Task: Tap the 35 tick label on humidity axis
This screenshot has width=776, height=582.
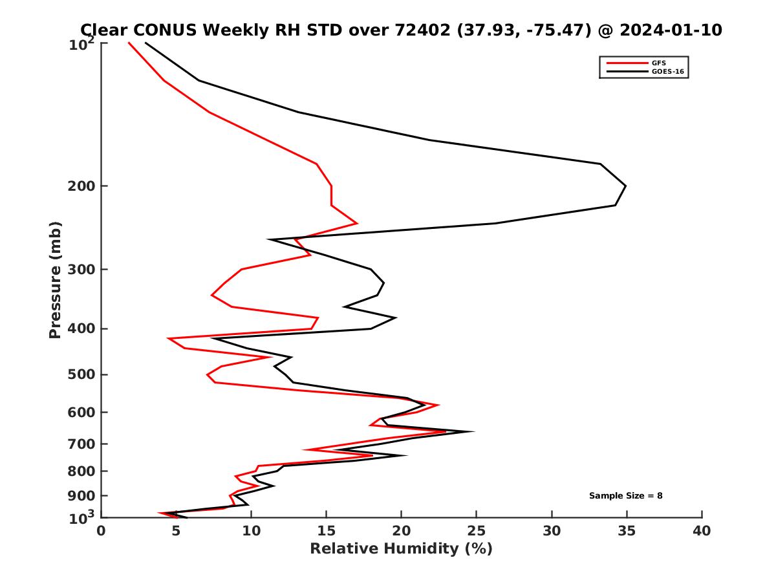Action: coord(627,532)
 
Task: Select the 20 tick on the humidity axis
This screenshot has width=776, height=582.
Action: coord(402,532)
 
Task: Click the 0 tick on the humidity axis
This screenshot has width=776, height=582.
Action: coord(102,532)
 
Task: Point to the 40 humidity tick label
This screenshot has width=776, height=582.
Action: coord(702,532)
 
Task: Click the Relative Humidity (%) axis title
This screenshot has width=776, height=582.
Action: coord(401,550)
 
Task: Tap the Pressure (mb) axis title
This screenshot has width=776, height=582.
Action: coord(55,280)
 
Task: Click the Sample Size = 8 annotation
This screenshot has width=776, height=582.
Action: coord(625,496)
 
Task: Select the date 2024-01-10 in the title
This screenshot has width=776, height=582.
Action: coord(669,30)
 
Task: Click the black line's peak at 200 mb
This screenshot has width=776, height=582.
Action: coord(625,186)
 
